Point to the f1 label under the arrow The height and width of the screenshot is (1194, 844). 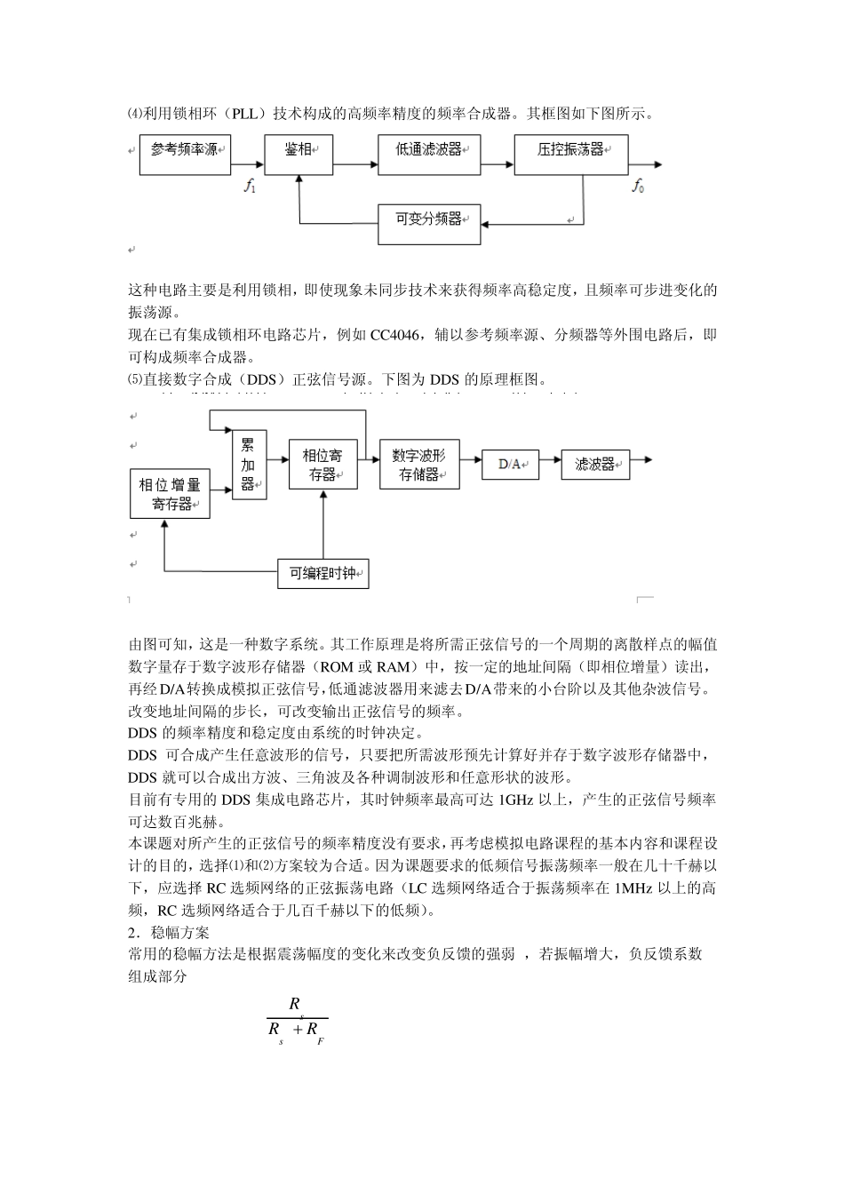250,186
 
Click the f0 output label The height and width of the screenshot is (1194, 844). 637,186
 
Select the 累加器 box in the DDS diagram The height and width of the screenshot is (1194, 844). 249,464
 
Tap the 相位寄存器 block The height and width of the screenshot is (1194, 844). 322,464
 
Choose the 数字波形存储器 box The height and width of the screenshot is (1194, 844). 419,464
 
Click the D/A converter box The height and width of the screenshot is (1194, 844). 510,465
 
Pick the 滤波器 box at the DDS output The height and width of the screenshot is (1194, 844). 595,465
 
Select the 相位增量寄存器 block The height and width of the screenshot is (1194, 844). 170,494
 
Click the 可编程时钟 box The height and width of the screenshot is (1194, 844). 322,574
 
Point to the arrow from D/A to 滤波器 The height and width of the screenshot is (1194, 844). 550,463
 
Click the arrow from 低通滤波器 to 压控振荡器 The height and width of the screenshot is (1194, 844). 497,164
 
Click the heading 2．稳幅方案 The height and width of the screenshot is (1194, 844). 169,933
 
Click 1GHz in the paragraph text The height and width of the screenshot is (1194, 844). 516,800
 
